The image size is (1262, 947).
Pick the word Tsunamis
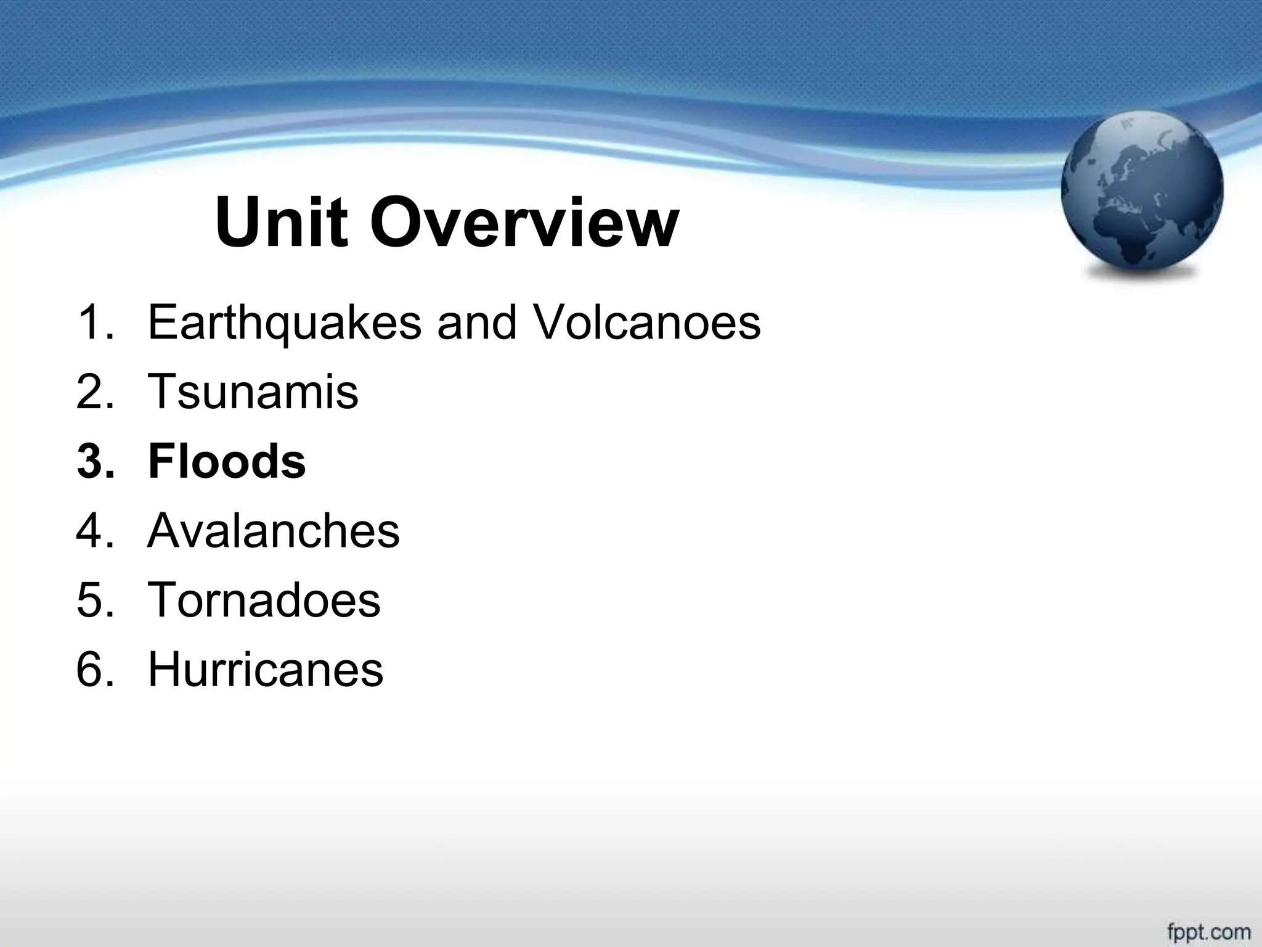pos(253,392)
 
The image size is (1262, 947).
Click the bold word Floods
pos(227,461)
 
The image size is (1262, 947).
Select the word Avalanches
pos(274,531)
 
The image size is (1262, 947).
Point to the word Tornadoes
pos(264,600)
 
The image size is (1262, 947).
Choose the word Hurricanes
pos(266,670)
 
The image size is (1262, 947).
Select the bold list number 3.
pos(96,461)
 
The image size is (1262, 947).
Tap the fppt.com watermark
pos(1208,931)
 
